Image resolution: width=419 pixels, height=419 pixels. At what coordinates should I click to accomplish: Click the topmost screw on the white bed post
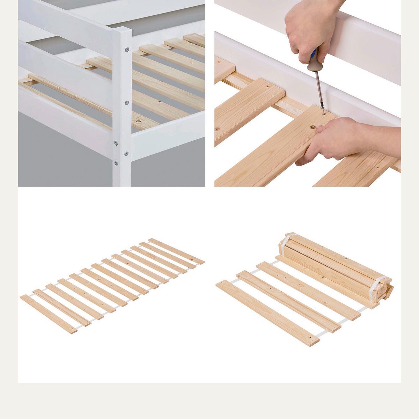(127, 50)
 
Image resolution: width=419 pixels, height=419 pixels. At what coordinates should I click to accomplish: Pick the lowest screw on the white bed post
(115, 162)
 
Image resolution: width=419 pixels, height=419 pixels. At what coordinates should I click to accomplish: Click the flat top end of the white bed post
(124, 31)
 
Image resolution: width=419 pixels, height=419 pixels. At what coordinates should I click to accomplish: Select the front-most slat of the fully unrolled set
(49, 314)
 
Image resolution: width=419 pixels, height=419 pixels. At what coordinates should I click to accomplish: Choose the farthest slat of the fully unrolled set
(176, 251)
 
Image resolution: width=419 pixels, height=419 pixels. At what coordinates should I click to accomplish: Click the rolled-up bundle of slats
(335, 269)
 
